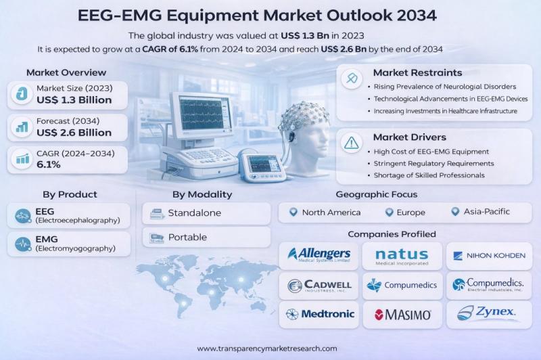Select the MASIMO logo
click(x=402, y=315)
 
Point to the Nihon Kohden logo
click(x=489, y=256)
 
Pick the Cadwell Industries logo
click(x=319, y=286)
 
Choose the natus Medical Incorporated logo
click(x=402, y=257)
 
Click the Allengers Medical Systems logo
click(x=319, y=254)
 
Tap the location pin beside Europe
click(x=390, y=212)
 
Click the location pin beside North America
click(x=293, y=212)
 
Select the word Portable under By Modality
click(x=188, y=238)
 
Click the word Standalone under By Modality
click(x=195, y=213)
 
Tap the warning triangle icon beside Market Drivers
click(x=352, y=143)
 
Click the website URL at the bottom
click(x=267, y=348)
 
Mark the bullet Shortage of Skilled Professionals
click(x=429, y=175)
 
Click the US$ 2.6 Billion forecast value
click(x=74, y=133)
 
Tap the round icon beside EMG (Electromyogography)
click(x=23, y=244)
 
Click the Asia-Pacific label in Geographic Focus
click(x=486, y=212)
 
